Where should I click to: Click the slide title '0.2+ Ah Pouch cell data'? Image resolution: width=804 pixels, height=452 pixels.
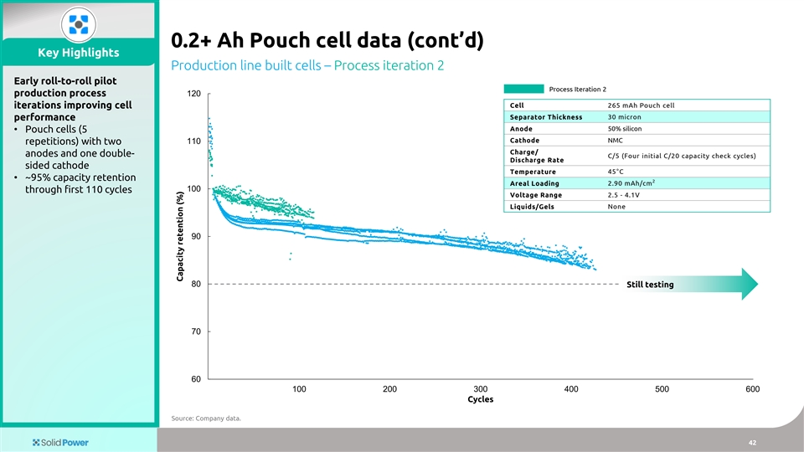coord(327,41)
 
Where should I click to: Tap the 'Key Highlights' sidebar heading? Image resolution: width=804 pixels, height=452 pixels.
coord(79,53)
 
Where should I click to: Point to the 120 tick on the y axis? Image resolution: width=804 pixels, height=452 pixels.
coord(195,94)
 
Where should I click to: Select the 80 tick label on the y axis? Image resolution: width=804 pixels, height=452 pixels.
coord(195,285)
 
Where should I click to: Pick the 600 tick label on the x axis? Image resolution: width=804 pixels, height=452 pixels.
coord(752,389)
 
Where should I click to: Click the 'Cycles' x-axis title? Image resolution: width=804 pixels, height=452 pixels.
coord(480,400)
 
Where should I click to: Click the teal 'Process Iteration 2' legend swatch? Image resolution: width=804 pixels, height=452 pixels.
coord(523,90)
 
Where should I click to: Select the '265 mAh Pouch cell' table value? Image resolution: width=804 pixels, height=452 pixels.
coord(640,105)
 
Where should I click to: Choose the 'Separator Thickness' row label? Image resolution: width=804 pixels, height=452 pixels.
coord(546,117)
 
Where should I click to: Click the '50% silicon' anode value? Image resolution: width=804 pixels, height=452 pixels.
coord(626,129)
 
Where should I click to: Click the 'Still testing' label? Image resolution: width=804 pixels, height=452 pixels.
coord(650,285)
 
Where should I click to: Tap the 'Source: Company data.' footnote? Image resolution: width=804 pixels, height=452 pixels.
coord(205,419)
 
